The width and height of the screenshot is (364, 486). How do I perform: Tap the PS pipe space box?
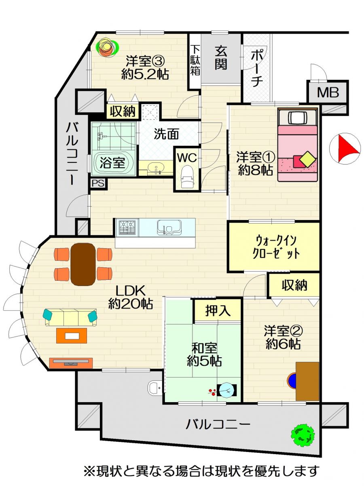pyautogui.click(x=98, y=183)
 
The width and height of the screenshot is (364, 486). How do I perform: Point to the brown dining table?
pyautogui.click(x=83, y=264)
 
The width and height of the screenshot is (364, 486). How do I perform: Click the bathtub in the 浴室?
pyautogui.click(x=112, y=163)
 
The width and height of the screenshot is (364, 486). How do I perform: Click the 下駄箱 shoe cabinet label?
pyautogui.click(x=195, y=60)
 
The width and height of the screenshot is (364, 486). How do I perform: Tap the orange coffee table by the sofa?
pyautogui.click(x=72, y=336)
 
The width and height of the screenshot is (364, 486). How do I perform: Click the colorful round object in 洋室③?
pyautogui.click(x=107, y=47)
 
